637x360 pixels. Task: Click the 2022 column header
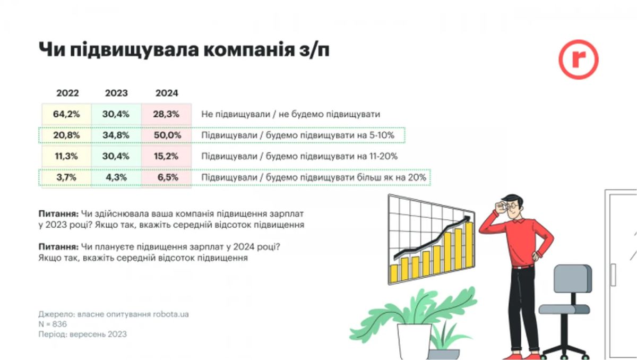67,93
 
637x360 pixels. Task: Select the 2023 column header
116,93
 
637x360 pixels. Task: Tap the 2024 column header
167,93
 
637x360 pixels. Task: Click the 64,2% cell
66,114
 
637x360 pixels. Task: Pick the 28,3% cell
166,114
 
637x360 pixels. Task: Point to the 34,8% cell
116,135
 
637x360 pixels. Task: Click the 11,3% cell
66,156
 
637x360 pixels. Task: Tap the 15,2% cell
166,156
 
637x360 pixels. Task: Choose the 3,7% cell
66,177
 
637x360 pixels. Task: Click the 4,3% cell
116,177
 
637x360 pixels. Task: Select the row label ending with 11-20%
299,156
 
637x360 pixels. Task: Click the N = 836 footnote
53,324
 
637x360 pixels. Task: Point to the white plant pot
414,342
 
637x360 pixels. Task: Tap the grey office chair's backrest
572,279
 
